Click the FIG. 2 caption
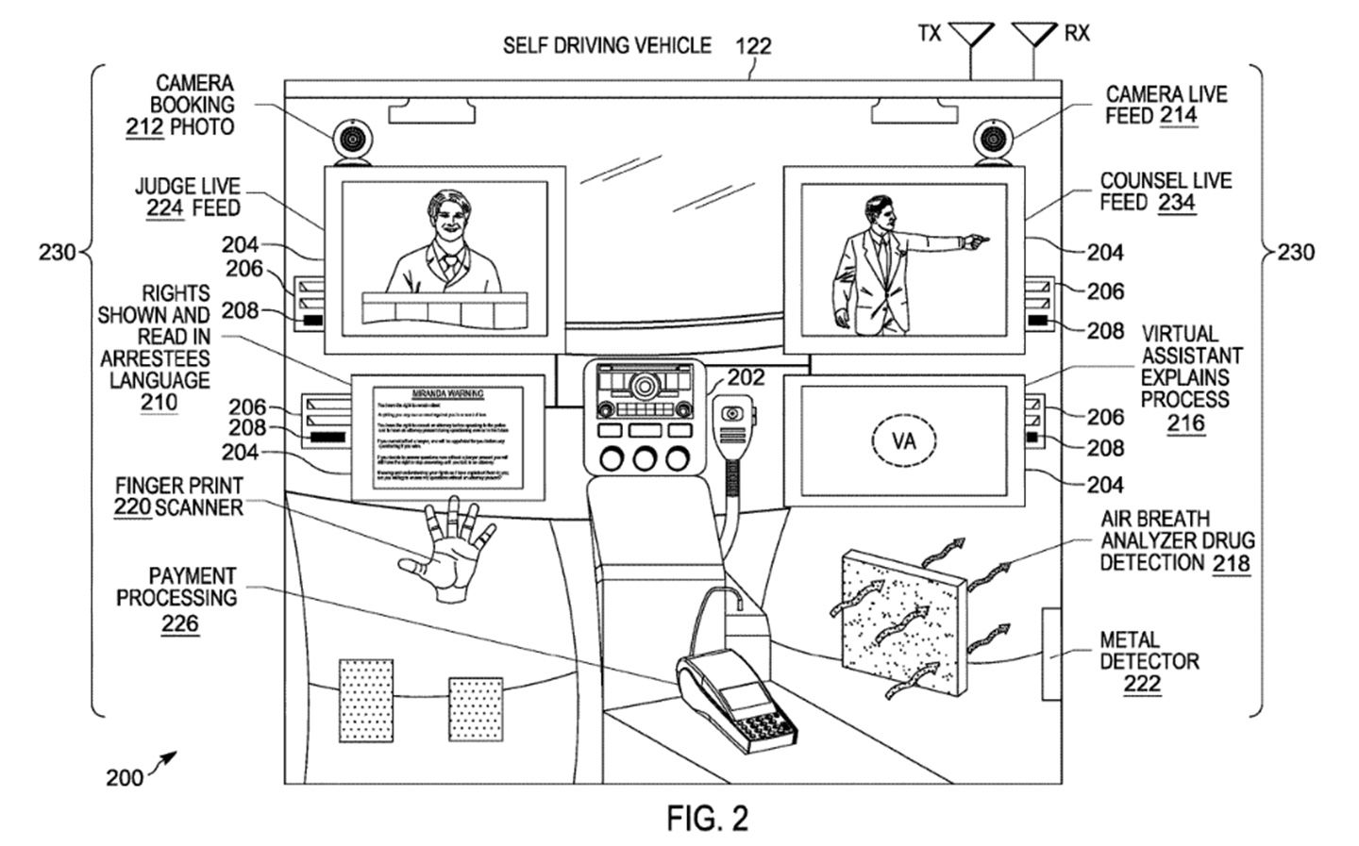[x=707, y=818]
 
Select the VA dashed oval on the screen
[x=903, y=440]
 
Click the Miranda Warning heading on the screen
[x=448, y=392]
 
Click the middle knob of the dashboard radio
[x=645, y=459]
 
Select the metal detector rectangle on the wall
[x=1050, y=654]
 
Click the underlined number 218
[x=1232, y=564]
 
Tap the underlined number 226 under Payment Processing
[x=179, y=623]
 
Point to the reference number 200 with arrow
[x=125, y=777]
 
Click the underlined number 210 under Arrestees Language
[x=159, y=403]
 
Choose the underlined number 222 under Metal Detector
[x=1142, y=684]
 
